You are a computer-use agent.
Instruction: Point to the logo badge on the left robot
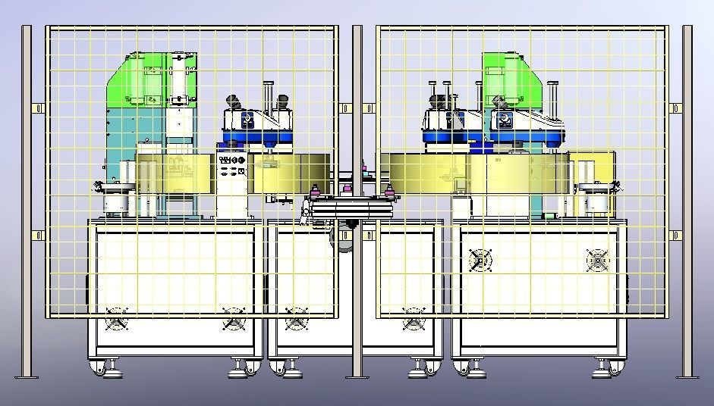249,120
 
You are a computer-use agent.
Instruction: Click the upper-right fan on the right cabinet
598,261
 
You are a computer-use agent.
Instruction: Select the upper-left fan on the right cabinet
480,261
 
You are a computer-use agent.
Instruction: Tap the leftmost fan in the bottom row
116,318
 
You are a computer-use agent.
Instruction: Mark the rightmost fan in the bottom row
414,318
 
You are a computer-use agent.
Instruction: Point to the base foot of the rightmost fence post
687,375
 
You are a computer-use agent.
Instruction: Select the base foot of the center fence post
357,376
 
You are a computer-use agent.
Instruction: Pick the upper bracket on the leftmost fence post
36,109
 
